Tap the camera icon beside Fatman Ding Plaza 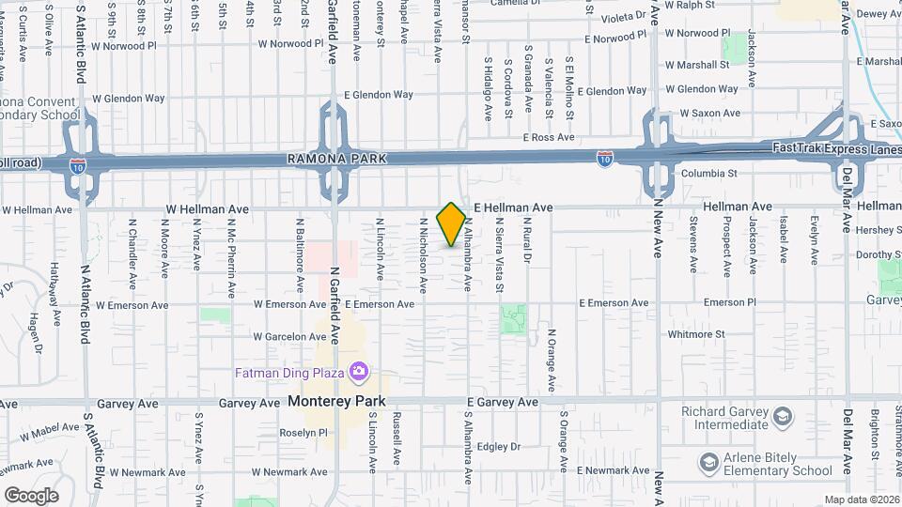[357, 373]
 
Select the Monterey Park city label [337, 401]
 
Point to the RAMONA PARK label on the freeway [325, 161]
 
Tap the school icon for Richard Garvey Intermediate [783, 416]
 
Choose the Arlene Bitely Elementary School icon [709, 462]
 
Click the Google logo [31, 495]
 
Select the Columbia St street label [709, 174]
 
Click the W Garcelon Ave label [288, 336]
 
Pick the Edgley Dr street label [498, 446]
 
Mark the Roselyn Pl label [303, 433]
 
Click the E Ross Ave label [550, 137]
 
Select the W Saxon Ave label [710, 113]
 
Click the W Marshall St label [697, 65]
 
